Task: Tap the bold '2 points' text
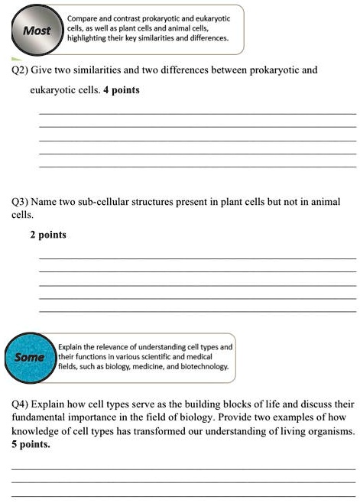click(x=48, y=235)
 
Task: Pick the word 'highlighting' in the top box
click(x=88, y=37)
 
